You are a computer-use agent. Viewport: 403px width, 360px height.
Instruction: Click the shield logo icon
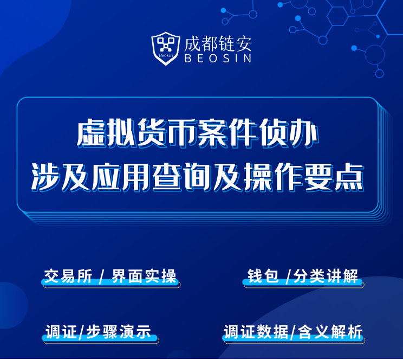(166, 49)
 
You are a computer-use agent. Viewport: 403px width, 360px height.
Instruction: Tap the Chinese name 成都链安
(218, 43)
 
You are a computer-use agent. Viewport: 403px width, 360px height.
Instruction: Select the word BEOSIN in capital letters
(218, 59)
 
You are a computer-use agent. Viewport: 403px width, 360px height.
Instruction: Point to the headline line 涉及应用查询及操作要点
(198, 177)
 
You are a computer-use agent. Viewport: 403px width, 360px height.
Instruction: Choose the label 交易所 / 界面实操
(110, 277)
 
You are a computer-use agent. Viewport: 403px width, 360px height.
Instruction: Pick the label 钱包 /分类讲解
(302, 277)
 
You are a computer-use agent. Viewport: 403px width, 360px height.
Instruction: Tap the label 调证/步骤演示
(99, 332)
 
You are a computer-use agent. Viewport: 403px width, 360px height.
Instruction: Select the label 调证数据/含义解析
(293, 332)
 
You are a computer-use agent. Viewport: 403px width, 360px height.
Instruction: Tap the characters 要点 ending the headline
(334, 177)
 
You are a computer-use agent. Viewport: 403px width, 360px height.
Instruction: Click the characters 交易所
(68, 277)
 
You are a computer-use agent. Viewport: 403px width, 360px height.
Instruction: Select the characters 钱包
(263, 277)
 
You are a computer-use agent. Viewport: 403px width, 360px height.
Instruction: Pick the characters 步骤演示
(119, 332)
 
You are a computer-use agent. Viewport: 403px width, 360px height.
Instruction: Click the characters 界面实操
(144, 277)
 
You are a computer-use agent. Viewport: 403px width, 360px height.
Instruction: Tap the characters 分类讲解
(326, 277)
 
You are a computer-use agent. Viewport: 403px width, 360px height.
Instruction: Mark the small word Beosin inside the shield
(166, 55)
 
